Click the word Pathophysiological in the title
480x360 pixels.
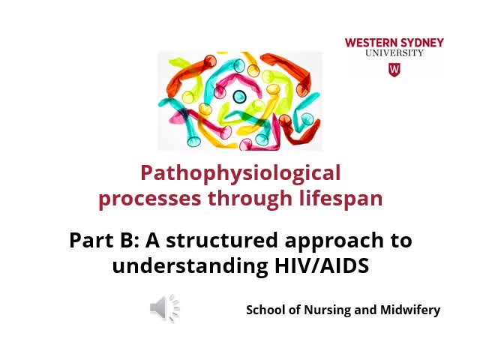click(x=240, y=174)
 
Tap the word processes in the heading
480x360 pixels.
click(x=139, y=199)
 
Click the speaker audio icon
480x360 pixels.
click(x=164, y=308)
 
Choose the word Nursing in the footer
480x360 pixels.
click(x=318, y=309)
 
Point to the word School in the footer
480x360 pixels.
click(x=266, y=309)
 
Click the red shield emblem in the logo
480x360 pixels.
click(x=394, y=69)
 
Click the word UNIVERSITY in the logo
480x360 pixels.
click(x=394, y=53)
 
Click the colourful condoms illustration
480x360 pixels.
click(x=239, y=100)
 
